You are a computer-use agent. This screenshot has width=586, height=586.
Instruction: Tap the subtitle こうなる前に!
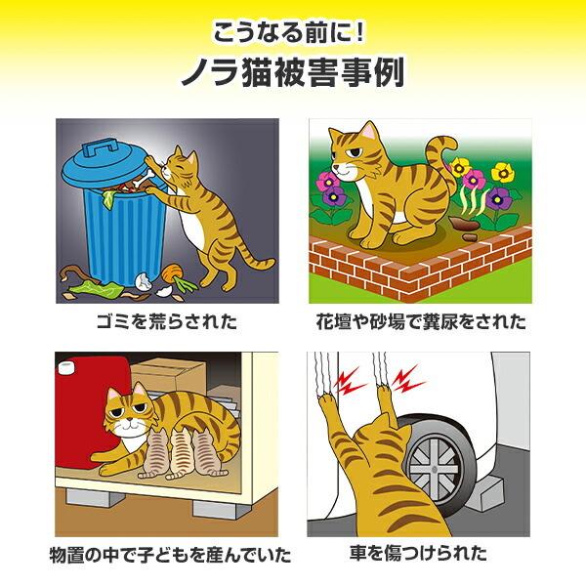[292, 31]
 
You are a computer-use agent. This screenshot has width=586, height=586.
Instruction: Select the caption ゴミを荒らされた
[166, 319]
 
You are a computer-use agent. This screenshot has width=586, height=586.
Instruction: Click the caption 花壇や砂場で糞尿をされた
[420, 319]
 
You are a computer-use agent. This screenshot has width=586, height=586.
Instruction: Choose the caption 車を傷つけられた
[420, 556]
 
